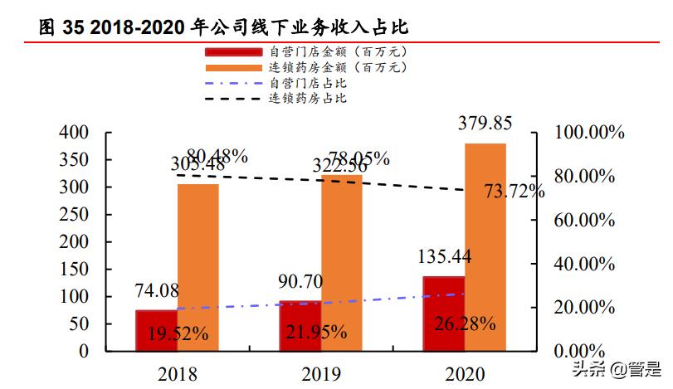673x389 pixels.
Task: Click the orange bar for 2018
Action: pyautogui.click(x=198, y=267)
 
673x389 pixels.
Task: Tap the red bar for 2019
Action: pyautogui.click(x=300, y=326)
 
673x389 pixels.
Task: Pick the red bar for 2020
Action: pyautogui.click(x=443, y=314)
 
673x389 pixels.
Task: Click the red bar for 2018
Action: pyautogui.click(x=156, y=330)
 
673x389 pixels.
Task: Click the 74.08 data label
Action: pyautogui.click(x=158, y=291)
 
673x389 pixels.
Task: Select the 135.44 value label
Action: pyautogui.click(x=444, y=257)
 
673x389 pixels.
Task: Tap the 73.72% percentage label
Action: pyautogui.click(x=515, y=192)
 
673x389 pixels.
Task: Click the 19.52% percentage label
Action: pyautogui.click(x=178, y=334)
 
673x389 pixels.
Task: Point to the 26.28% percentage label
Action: pyautogui.click(x=466, y=323)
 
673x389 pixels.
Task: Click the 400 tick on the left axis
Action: pyautogui.click(x=75, y=133)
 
